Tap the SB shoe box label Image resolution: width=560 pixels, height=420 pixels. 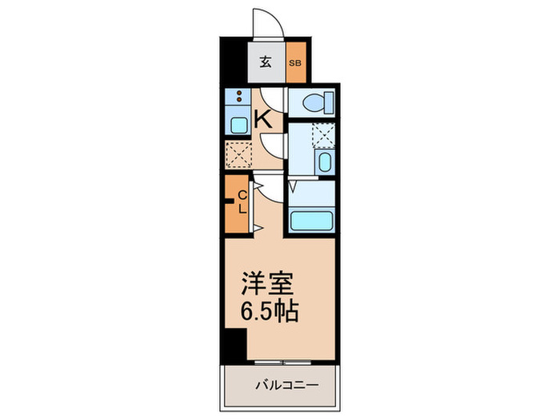(296, 62)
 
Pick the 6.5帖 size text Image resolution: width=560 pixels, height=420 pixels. (270, 310)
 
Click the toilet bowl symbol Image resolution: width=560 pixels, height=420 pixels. (313, 102)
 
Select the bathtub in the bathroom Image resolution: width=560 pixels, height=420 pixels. (312, 219)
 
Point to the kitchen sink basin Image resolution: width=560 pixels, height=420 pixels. (239, 124)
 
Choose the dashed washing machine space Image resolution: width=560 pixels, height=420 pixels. (324, 134)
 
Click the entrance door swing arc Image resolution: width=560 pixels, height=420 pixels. (266, 20)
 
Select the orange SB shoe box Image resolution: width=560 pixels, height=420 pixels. (296, 62)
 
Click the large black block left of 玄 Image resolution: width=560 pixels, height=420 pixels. (234, 60)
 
